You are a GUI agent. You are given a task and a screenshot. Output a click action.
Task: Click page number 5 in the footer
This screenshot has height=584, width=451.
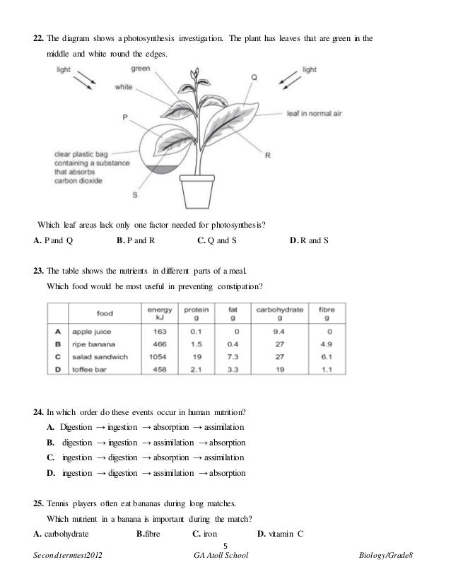click(225, 545)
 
